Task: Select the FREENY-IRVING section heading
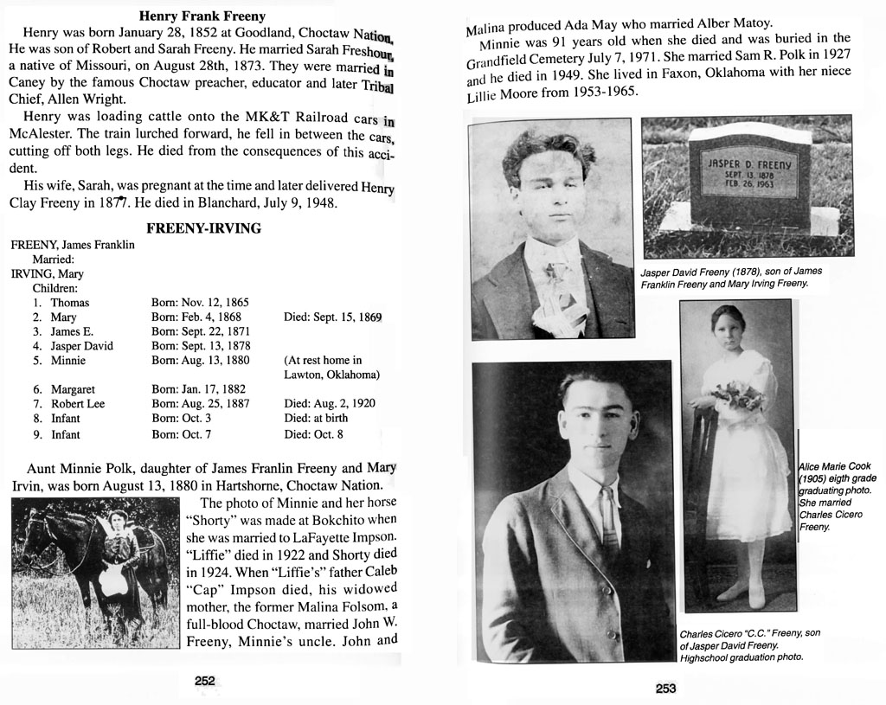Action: coord(203,228)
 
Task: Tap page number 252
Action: coord(204,681)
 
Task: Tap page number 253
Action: coord(665,689)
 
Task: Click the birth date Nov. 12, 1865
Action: coord(200,303)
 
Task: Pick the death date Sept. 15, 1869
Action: coord(332,317)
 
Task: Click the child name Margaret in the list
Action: coord(73,390)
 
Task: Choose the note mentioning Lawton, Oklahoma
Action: coord(332,368)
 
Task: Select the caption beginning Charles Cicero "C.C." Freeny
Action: coord(749,644)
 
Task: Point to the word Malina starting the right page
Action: coord(486,28)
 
